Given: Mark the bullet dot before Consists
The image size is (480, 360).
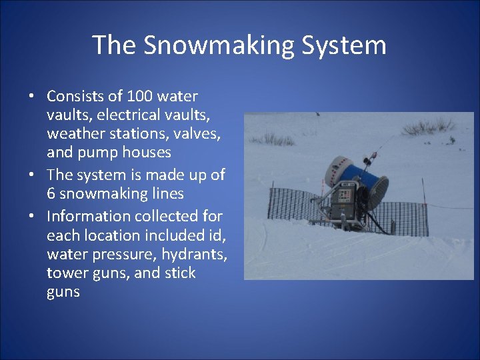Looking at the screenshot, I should (32, 96).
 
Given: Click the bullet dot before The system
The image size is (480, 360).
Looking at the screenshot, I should (32, 175).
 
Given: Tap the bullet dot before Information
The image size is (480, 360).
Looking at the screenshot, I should (32, 216).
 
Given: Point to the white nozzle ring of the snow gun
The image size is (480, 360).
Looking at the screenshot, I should (334, 169).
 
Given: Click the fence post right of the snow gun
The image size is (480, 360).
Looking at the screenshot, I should (422, 193).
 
